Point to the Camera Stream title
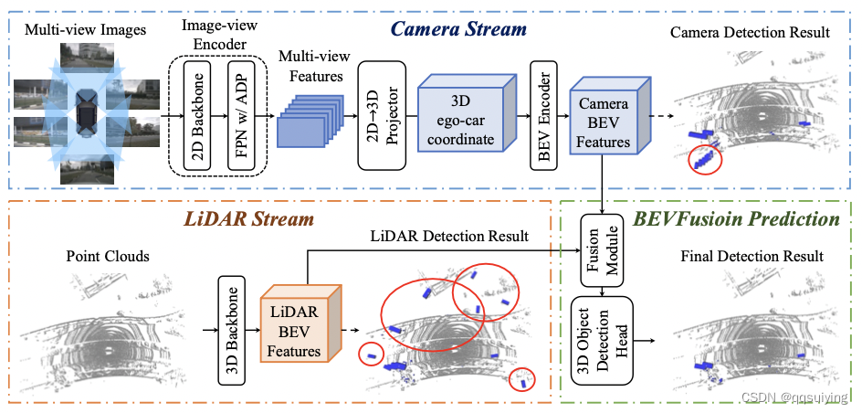click(458, 28)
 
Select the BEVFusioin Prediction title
click(737, 218)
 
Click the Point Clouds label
click(107, 256)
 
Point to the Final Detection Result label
click(752, 257)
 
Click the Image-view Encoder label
click(218, 30)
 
